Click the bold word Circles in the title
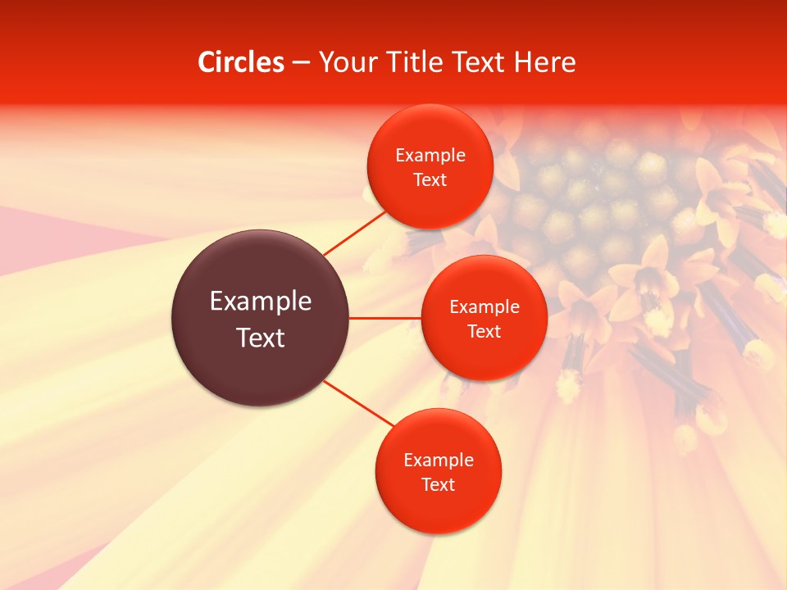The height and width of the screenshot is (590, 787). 241,62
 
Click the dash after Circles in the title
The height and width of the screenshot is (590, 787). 301,63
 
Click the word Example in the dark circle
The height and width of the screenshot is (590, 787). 261,302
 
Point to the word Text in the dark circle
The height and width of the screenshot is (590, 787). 261,338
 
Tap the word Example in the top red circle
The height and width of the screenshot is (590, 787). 430,156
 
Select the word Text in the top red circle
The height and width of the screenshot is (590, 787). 430,180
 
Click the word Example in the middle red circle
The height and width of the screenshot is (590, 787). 484,307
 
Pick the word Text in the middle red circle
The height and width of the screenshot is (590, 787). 484,332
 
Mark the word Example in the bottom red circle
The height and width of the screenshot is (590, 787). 439,461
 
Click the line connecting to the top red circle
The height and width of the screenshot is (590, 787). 355,233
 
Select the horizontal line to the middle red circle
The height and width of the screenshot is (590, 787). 384,317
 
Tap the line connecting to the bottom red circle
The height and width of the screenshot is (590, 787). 359,404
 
